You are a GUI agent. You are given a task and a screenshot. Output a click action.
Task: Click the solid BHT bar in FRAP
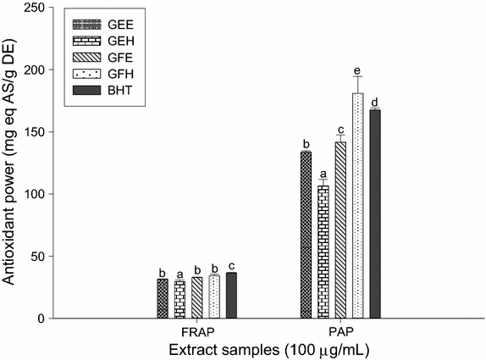coord(231,296)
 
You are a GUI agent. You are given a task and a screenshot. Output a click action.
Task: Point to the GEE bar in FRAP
coord(163,298)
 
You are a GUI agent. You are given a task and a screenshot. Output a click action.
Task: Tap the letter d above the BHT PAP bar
coord(374,102)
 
